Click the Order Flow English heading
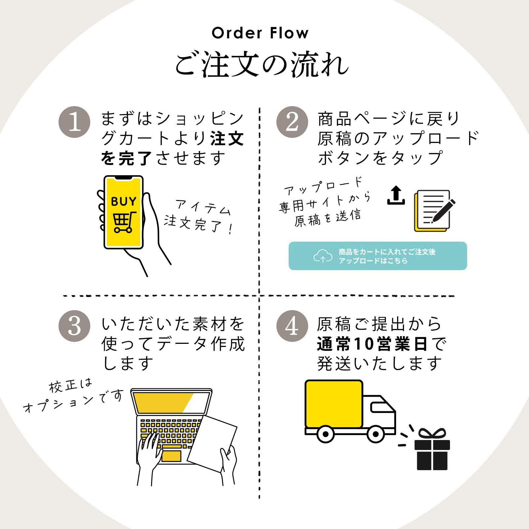coord(260,33)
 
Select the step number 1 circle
coord(74,122)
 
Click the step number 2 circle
coord(292,122)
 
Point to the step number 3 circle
coord(74,326)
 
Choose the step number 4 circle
coord(292,326)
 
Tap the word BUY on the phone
coord(123,201)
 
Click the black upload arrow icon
coord(396,195)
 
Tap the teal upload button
coord(378,256)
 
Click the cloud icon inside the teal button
coord(323,256)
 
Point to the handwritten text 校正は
coord(70,386)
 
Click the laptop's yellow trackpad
coord(171,456)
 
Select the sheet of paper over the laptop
coord(212,443)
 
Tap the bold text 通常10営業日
coord(372,344)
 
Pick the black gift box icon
coord(432,450)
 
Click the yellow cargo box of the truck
coord(334,404)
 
